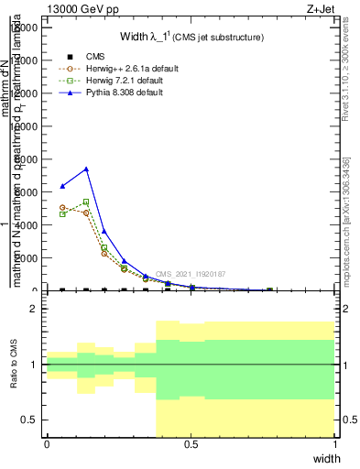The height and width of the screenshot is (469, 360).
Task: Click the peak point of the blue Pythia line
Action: (86, 169)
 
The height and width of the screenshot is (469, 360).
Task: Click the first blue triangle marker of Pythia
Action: (62, 186)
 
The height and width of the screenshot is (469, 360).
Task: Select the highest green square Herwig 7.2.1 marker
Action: (86, 202)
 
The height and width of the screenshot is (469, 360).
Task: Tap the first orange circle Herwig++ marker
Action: (62, 208)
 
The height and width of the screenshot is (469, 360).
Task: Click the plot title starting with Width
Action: (191, 38)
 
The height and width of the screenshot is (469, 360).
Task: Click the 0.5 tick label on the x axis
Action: (191, 444)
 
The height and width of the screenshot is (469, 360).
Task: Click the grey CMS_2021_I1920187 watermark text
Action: (190, 274)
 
